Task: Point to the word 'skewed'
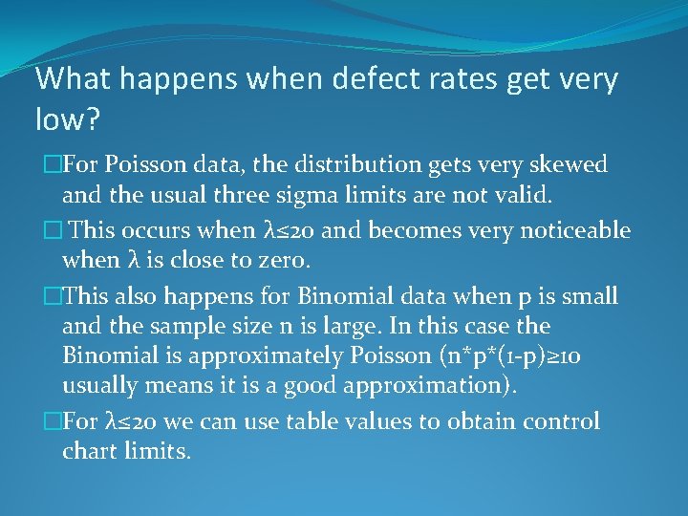tap(570, 164)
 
